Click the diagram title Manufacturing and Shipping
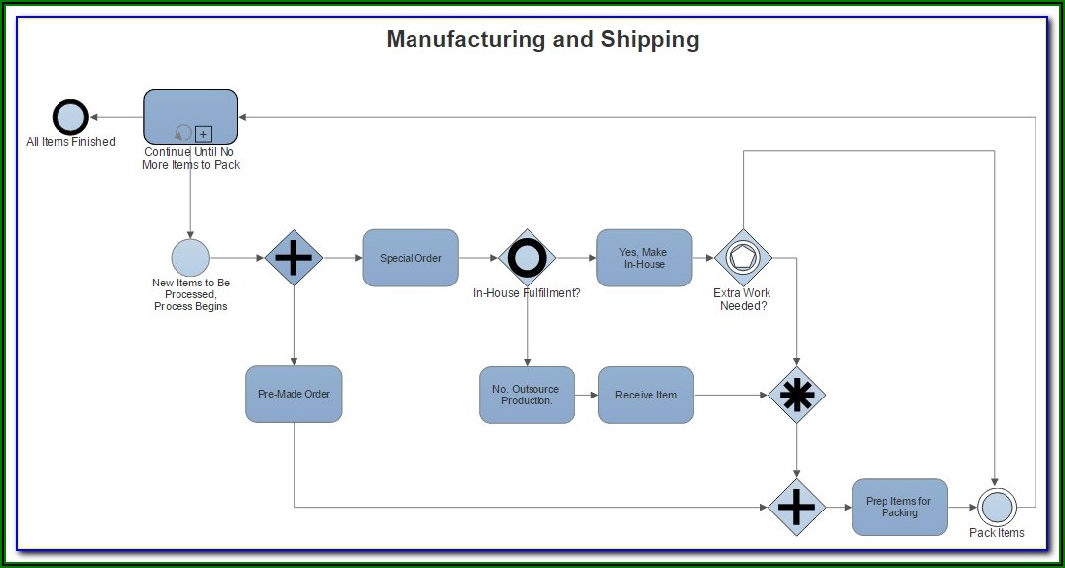[x=542, y=39]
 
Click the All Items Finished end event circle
[x=70, y=117]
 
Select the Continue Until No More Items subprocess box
[x=190, y=111]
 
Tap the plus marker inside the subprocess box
[x=203, y=134]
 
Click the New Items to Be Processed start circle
[x=190, y=258]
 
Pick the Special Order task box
[x=411, y=258]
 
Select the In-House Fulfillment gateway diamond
[x=527, y=258]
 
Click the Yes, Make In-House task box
[x=644, y=258]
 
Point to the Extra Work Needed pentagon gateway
[x=743, y=258]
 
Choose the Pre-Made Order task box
[x=294, y=394]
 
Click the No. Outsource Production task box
[x=527, y=395]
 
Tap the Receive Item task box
[x=646, y=395]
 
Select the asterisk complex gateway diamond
[x=796, y=395]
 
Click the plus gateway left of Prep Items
[x=796, y=507]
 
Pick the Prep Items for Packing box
[x=899, y=507]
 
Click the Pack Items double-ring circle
[x=996, y=507]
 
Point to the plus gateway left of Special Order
[x=294, y=258]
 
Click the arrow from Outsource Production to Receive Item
[x=586, y=395]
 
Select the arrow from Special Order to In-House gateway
[x=478, y=258]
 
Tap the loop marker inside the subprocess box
[x=182, y=133]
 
